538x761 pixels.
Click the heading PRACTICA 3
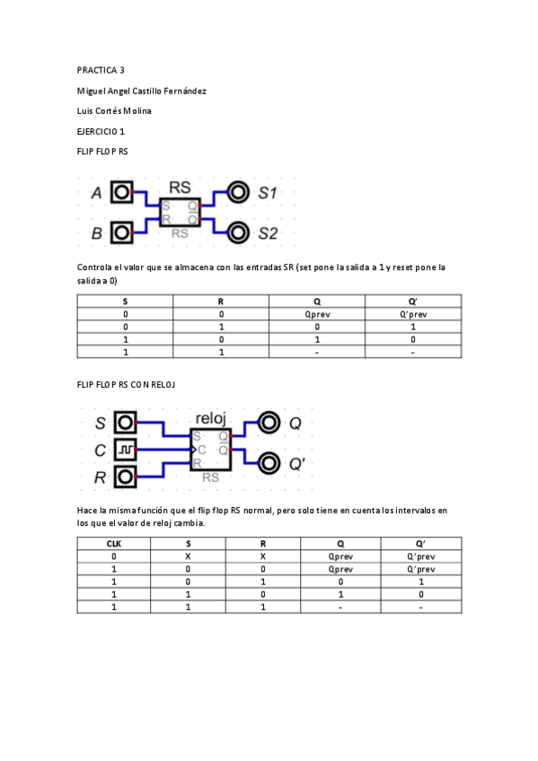click(101, 70)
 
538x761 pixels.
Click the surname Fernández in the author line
click(185, 92)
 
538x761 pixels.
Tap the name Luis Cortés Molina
click(114, 111)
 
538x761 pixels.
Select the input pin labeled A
click(121, 192)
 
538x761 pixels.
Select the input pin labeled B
click(121, 232)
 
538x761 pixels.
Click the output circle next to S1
click(238, 192)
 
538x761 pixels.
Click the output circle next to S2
click(238, 232)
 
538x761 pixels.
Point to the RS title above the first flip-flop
click(180, 188)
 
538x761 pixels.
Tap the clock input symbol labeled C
click(125, 450)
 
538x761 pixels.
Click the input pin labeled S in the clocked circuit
click(125, 423)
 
